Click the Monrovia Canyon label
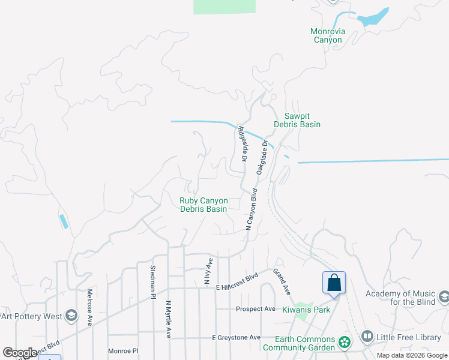tap(327, 36)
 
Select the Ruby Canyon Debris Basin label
tap(203, 205)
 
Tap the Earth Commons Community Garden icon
tap(345, 342)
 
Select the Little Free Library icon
tap(367, 337)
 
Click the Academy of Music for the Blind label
tap(400, 298)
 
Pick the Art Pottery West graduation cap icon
tap(71, 316)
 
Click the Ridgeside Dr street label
tap(242, 145)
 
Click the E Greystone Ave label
tap(236, 338)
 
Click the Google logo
tap(20, 353)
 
